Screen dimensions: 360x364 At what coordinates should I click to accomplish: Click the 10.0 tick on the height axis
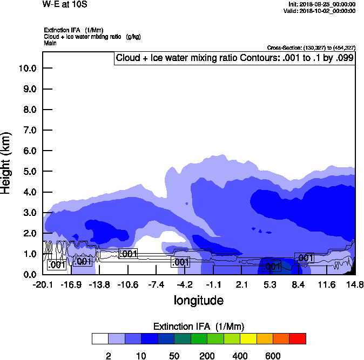(27, 68)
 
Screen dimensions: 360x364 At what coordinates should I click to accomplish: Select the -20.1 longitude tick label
(43, 284)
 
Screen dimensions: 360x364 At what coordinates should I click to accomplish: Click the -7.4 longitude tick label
(156, 284)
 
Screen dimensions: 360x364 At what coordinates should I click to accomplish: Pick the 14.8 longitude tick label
(355, 284)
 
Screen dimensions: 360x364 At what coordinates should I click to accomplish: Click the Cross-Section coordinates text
(311, 48)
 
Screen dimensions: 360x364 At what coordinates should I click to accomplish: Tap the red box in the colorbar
(297, 338)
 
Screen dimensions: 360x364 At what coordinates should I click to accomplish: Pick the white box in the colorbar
(100, 338)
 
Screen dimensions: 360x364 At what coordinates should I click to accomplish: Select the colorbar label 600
(273, 356)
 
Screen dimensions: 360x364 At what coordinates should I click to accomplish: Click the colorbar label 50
(174, 356)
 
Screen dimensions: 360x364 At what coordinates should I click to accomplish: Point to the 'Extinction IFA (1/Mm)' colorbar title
(199, 326)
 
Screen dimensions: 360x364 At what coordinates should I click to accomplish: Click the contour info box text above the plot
(234, 58)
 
